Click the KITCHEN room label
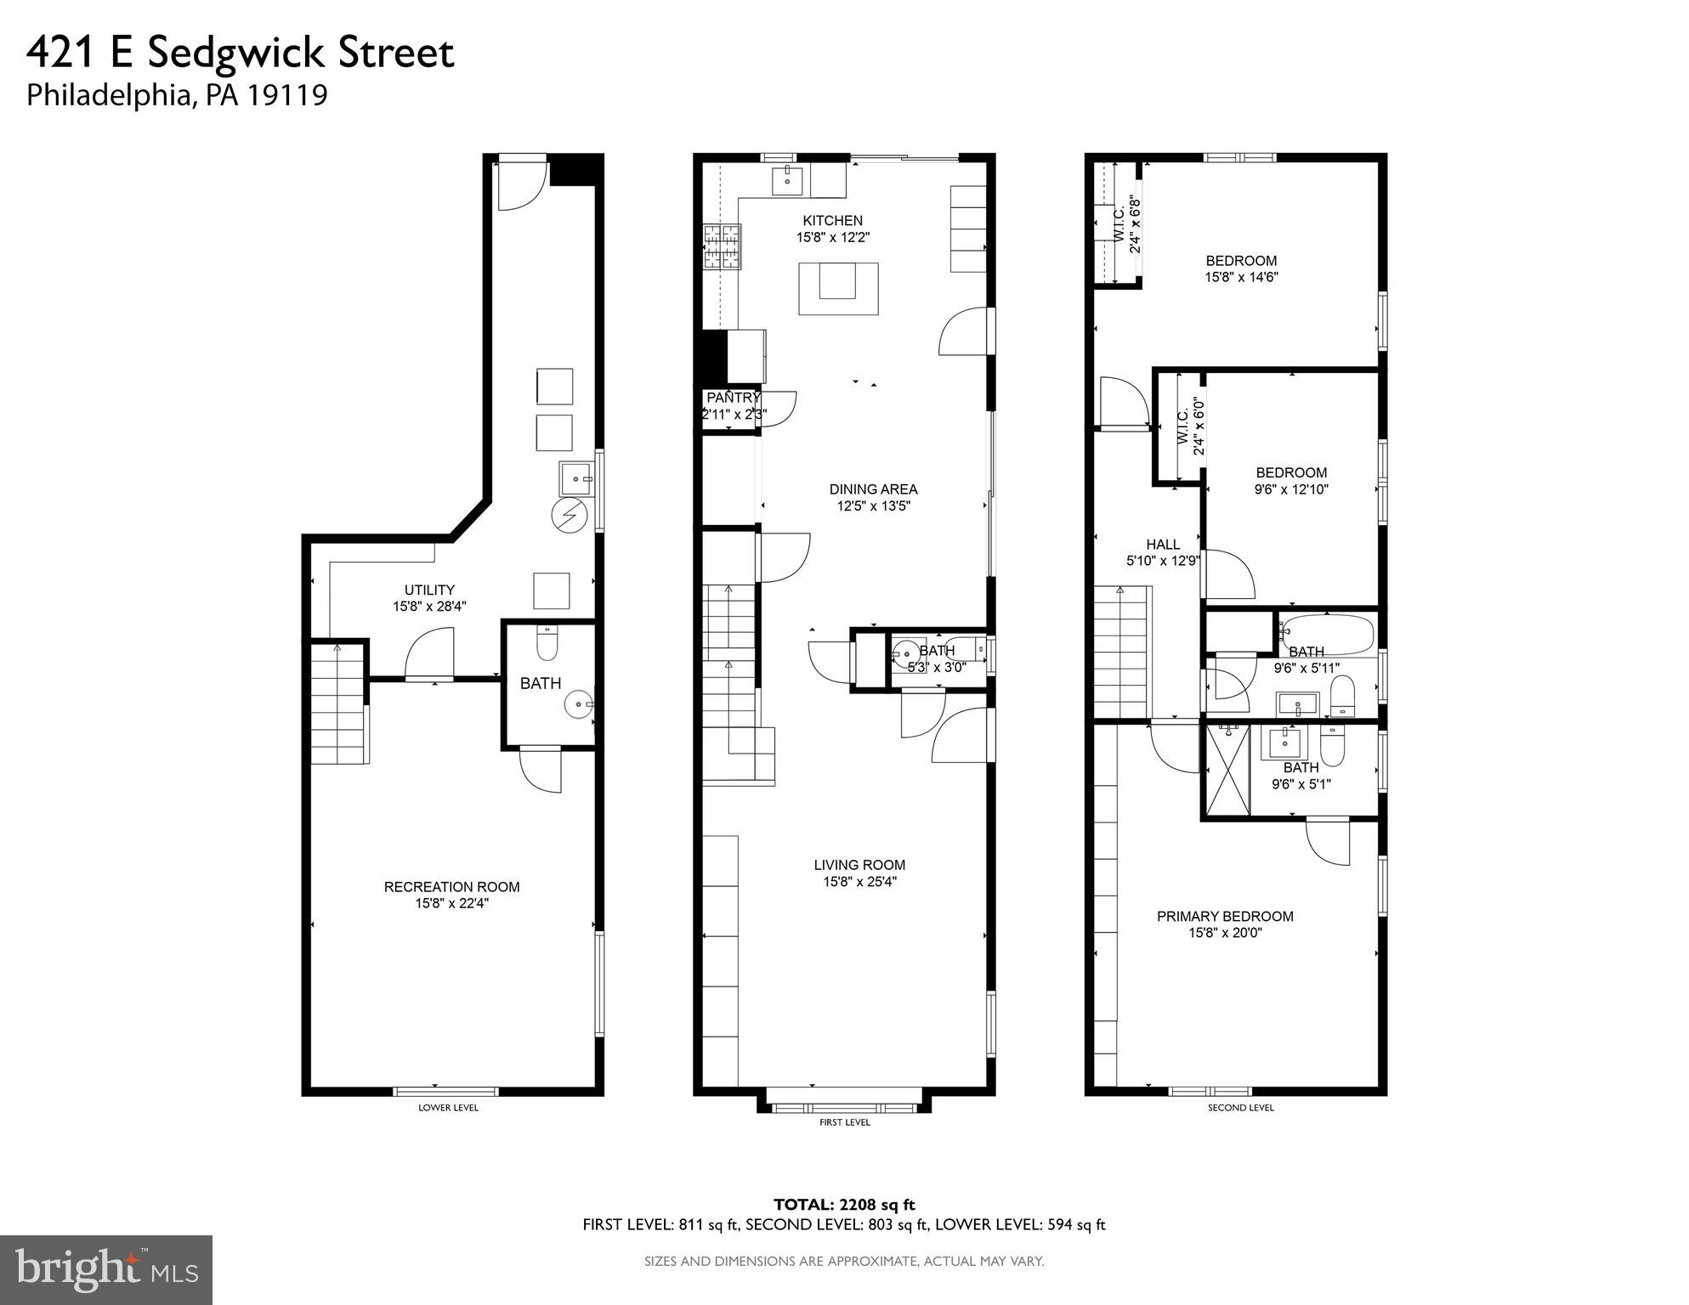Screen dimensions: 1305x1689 [x=832, y=221]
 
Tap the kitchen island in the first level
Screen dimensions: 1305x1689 [x=837, y=289]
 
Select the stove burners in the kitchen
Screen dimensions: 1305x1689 [x=722, y=247]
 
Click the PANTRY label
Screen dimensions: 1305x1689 [x=733, y=398]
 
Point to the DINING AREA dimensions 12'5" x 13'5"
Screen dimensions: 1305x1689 [x=873, y=506]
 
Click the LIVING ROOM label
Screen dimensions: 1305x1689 [x=859, y=865]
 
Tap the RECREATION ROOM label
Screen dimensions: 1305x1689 [x=451, y=887]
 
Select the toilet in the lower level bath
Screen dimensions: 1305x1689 [x=547, y=645]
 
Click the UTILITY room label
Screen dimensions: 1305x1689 [x=429, y=590]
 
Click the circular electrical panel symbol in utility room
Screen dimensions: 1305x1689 [x=568, y=516]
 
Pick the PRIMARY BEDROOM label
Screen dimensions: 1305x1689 [x=1224, y=916]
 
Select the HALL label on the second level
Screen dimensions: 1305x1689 [x=1162, y=545]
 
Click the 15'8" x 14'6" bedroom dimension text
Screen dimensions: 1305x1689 [x=1241, y=277]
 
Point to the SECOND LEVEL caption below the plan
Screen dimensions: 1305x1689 [x=1240, y=1108]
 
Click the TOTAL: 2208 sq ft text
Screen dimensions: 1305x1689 [x=843, y=1204]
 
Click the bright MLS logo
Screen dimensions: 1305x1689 [x=105, y=1269]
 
